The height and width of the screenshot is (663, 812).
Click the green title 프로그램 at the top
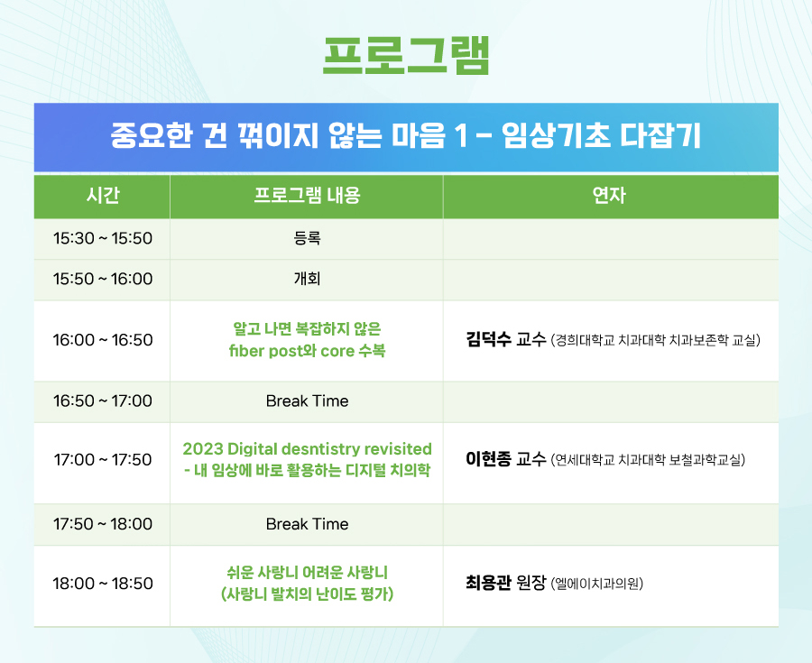click(406, 56)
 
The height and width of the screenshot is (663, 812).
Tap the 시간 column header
click(103, 196)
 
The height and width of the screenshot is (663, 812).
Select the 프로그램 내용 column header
click(307, 196)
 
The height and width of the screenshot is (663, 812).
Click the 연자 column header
click(610, 196)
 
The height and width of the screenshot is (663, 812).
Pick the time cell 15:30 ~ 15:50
click(103, 238)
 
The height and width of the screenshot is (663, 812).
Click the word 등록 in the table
click(307, 238)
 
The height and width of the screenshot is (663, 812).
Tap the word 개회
click(307, 279)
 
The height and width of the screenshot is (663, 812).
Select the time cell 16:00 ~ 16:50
click(103, 340)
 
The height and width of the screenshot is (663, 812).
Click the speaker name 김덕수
click(488, 339)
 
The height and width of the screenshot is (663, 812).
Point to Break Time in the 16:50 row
click(307, 401)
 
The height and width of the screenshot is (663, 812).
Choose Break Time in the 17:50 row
click(307, 524)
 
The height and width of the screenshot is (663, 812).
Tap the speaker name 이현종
click(488, 459)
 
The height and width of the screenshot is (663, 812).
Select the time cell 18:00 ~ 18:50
click(103, 584)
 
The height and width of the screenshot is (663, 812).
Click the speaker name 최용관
click(488, 583)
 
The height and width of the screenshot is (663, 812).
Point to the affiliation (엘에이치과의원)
click(597, 584)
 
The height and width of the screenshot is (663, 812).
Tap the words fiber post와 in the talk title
click(272, 351)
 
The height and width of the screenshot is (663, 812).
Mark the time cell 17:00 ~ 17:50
click(103, 460)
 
